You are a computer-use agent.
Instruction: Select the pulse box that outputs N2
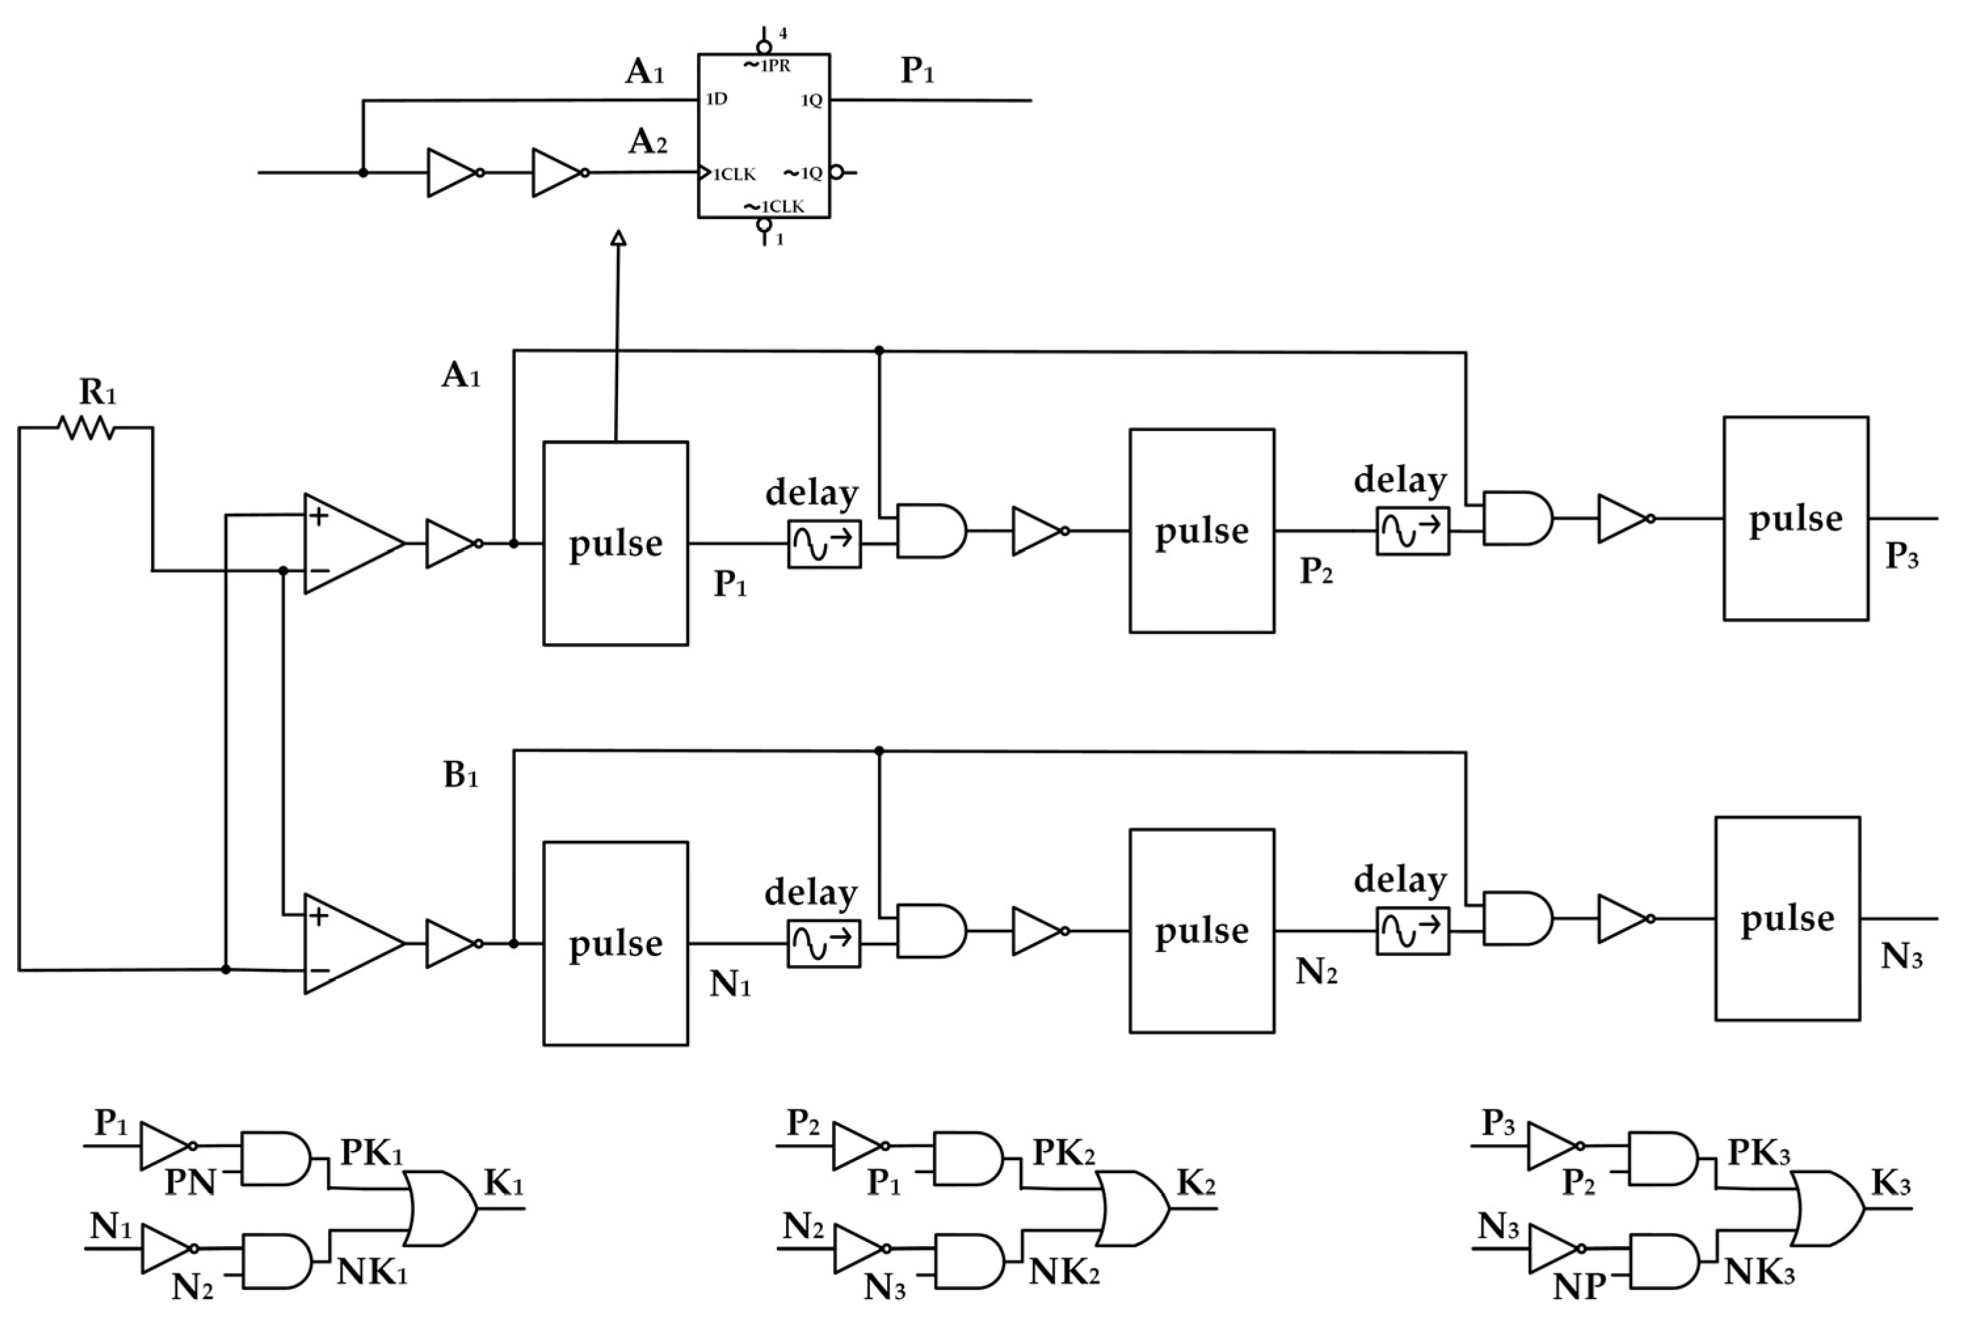point(1201,931)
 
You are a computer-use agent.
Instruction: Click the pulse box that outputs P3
point(1795,518)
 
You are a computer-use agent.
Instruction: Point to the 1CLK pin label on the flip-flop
point(733,175)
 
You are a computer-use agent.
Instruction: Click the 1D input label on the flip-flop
point(716,100)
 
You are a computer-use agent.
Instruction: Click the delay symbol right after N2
point(1411,931)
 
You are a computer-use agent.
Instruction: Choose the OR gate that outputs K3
point(1826,1208)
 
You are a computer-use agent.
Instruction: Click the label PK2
point(1063,1152)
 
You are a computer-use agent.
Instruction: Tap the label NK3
point(1759,1272)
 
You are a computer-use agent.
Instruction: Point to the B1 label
point(461,774)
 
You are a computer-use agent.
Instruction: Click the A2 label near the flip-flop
point(648,142)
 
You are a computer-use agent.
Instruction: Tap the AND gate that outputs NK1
point(276,1261)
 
